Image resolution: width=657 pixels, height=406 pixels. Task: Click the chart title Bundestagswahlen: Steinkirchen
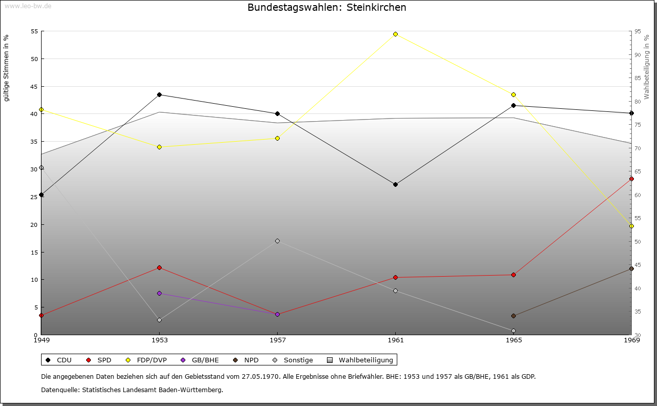pos(327,7)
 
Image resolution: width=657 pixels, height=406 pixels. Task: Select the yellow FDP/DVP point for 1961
pos(395,34)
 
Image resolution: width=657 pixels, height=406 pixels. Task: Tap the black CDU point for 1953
pos(159,94)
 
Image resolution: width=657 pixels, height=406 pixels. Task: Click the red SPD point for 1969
pos(631,179)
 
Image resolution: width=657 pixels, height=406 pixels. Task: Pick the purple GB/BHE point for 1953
pos(159,293)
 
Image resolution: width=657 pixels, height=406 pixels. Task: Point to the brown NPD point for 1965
pos(513,316)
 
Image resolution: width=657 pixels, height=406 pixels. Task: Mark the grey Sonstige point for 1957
pos(277,241)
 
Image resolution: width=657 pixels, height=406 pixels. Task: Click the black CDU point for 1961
pos(395,184)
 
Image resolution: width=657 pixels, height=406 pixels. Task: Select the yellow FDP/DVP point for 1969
pos(631,226)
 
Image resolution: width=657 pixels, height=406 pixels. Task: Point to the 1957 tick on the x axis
pos(277,340)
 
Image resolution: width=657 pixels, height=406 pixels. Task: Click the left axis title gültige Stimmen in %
pos(6,68)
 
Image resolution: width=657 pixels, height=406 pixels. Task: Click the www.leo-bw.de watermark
pos(28,6)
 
